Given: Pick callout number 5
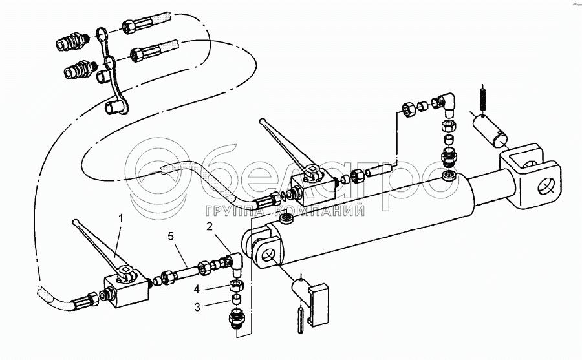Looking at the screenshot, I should [x=170, y=237].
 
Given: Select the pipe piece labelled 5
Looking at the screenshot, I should [x=184, y=273].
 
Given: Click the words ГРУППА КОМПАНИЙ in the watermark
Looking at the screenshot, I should [x=285, y=210].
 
